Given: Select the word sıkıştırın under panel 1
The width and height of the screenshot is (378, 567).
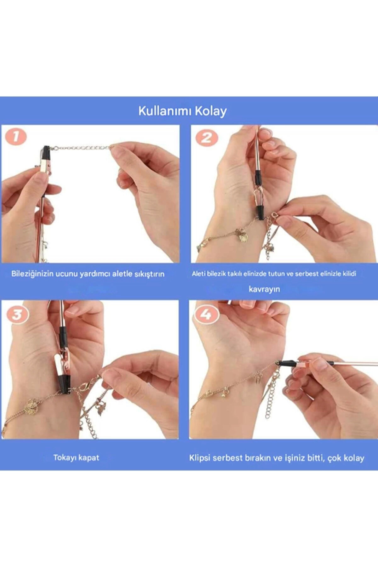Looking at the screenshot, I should (149, 274).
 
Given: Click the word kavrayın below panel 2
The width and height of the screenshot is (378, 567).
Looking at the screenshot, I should (264, 289).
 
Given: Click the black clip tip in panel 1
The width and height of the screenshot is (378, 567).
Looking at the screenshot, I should (47, 151).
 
